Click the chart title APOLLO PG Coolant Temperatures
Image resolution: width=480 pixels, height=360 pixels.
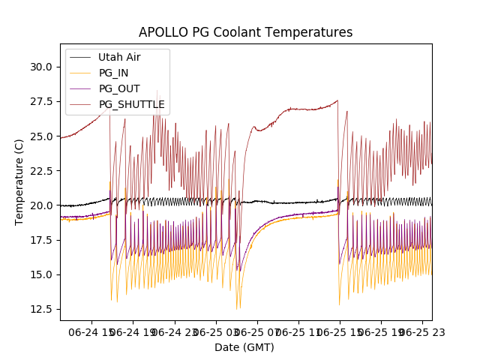click(x=245, y=32)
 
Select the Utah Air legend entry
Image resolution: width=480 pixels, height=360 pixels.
click(x=119, y=57)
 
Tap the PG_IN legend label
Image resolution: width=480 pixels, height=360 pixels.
click(x=114, y=73)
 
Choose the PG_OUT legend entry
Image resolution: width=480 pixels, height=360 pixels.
click(x=118, y=88)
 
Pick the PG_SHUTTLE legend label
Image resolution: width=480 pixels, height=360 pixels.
click(x=131, y=104)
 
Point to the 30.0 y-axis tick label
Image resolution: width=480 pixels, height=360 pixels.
click(x=40, y=67)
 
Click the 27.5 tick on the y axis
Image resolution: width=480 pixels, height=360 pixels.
click(x=40, y=101)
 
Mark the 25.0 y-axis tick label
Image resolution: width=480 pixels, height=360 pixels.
click(x=40, y=136)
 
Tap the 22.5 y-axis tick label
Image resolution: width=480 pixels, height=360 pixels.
click(x=40, y=171)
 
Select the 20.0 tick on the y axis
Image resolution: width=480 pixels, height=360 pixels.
click(x=40, y=205)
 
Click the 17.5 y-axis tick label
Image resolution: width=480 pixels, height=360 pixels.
click(x=40, y=240)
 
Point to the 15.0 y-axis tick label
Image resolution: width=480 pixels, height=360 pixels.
click(x=40, y=274)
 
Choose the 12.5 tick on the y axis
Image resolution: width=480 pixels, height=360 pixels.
click(x=40, y=309)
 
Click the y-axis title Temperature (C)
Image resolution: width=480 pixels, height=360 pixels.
click(x=19, y=182)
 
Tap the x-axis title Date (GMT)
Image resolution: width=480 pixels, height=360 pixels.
click(x=244, y=347)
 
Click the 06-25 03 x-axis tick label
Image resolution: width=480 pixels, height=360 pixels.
click(x=215, y=331)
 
